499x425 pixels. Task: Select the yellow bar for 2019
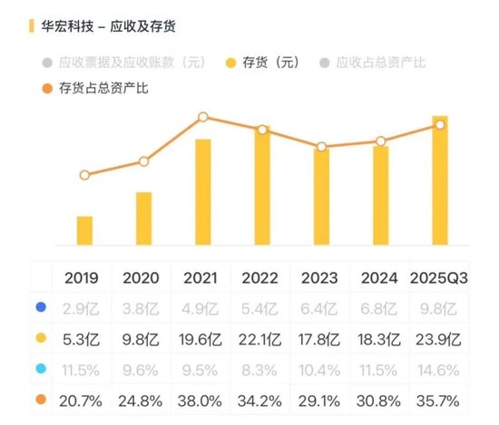(x=84, y=230)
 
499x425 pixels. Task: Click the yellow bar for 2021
(x=203, y=191)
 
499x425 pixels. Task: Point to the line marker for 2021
(x=203, y=117)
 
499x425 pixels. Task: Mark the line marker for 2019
(x=84, y=175)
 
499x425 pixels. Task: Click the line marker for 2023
(x=321, y=147)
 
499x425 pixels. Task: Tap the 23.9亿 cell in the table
(x=439, y=340)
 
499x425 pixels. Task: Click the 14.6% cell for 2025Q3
(x=439, y=371)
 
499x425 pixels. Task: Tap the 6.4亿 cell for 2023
(x=321, y=309)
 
